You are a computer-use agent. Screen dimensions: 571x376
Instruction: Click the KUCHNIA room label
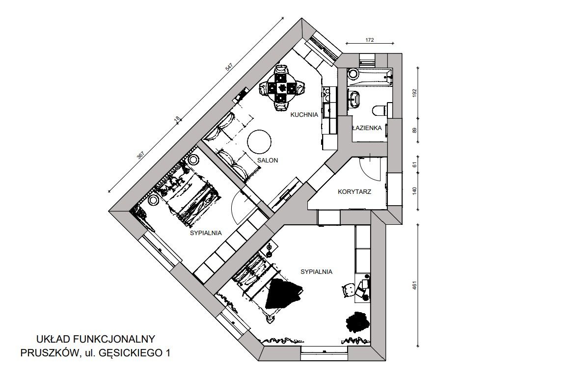(x=304, y=115)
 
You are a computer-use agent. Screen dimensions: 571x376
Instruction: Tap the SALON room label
(x=268, y=160)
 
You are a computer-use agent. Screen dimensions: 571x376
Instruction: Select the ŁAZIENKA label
(x=367, y=128)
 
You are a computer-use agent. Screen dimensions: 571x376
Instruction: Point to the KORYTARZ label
(x=354, y=191)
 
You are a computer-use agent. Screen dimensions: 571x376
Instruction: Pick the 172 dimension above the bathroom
(x=369, y=40)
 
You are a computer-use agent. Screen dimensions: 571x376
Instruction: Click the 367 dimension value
(x=140, y=156)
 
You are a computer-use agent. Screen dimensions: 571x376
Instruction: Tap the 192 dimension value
(x=414, y=93)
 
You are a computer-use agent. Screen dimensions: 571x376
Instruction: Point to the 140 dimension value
(x=414, y=191)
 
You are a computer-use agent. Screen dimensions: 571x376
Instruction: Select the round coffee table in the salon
(x=259, y=141)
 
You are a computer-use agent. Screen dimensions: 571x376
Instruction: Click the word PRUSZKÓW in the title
(x=49, y=353)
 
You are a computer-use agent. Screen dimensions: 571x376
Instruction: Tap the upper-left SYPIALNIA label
(x=206, y=233)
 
